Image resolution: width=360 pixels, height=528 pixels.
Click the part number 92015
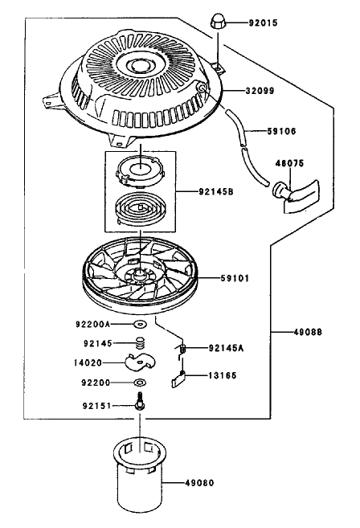263,23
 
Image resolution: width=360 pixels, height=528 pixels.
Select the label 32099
260,91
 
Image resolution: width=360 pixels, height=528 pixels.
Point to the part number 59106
281,131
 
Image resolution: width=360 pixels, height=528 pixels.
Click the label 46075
289,163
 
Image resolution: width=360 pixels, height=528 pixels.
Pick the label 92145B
216,191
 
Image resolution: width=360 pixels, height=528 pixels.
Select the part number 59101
235,278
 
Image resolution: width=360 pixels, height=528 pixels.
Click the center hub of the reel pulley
139,273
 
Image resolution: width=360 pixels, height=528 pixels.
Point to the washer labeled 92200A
140,324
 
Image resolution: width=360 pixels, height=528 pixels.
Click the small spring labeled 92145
141,343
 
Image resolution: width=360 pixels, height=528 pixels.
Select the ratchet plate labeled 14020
140,362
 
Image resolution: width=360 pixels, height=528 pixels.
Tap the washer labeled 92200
140,383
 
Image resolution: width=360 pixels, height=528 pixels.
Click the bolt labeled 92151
140,401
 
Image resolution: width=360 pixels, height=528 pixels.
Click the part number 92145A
226,348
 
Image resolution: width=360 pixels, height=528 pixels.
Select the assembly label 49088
308,332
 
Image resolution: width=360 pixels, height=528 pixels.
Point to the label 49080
199,483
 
